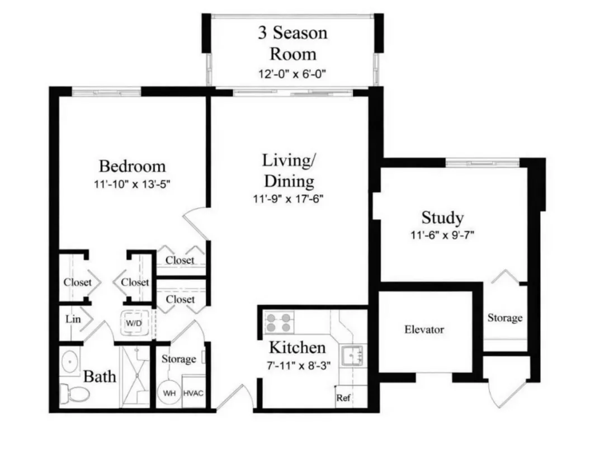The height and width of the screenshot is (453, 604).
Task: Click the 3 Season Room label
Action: [292, 43]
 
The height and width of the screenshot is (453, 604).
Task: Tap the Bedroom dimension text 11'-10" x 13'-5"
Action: [132, 184]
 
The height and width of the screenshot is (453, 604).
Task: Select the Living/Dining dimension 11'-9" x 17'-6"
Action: [288, 199]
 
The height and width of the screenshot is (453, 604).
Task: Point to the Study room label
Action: [442, 218]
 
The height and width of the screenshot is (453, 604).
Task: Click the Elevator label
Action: [424, 329]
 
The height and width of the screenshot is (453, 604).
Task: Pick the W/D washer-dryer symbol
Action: [134, 323]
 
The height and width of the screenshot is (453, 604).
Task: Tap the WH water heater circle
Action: [169, 393]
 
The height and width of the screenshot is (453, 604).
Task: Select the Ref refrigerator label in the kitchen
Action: [343, 398]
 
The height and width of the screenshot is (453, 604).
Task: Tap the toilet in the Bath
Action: [75, 393]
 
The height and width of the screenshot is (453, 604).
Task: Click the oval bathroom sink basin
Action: [70, 362]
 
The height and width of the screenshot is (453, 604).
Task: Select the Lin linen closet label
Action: [73, 319]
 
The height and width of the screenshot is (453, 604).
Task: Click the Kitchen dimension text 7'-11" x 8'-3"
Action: [299, 365]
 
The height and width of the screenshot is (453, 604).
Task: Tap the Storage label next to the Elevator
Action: [505, 318]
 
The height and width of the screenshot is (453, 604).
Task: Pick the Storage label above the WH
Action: [179, 359]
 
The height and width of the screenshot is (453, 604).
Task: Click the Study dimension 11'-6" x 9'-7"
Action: [442, 234]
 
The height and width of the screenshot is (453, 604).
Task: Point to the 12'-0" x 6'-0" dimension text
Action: [292, 74]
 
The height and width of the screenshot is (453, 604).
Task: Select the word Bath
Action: [100, 376]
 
